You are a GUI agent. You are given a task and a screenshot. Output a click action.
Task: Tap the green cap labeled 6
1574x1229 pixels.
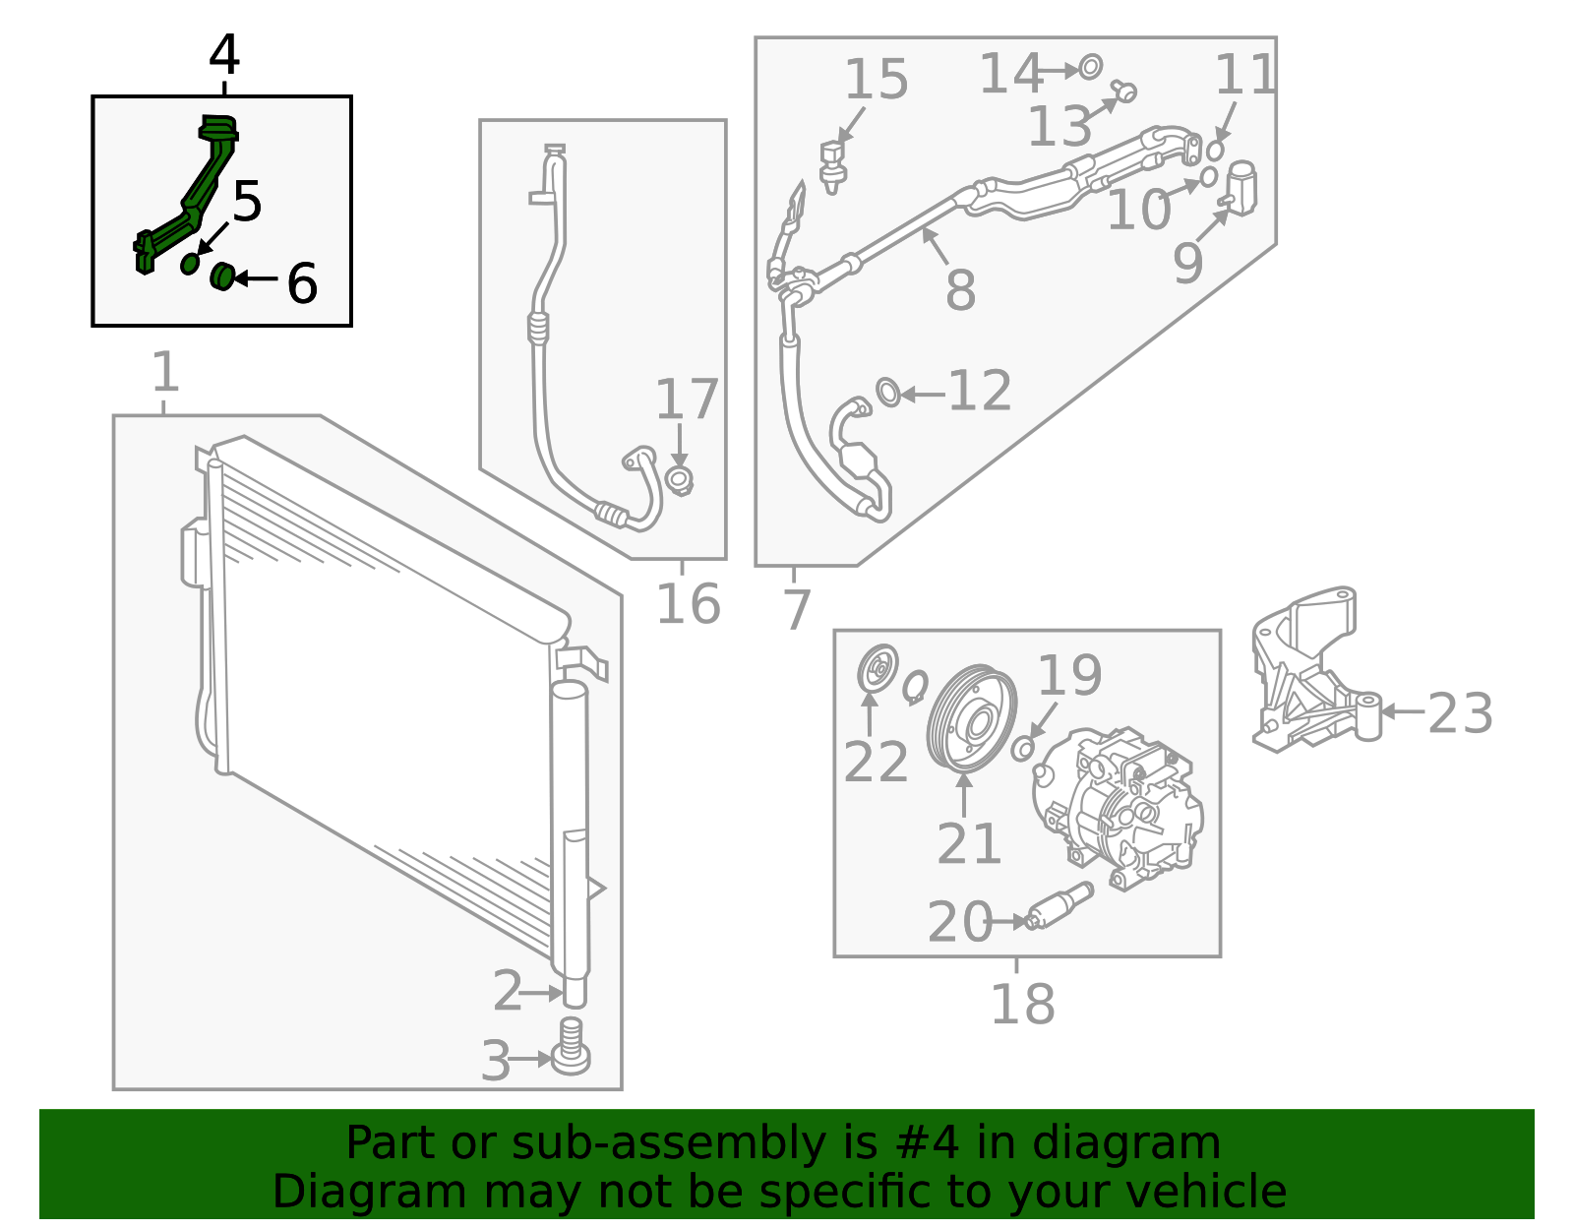click(221, 277)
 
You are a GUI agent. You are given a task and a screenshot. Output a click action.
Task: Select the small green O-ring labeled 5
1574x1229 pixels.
click(190, 264)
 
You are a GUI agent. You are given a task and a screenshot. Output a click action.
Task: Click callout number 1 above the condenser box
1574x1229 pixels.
click(165, 373)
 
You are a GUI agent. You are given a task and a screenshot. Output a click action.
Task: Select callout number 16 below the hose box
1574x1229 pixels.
click(688, 603)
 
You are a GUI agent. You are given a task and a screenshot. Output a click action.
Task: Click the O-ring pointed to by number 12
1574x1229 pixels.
click(887, 392)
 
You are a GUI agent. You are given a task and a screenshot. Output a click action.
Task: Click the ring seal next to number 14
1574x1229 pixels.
click(1090, 68)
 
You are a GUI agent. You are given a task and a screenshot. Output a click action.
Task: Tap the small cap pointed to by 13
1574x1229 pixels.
click(1125, 92)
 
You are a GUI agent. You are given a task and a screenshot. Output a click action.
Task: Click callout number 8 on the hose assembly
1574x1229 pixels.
click(959, 289)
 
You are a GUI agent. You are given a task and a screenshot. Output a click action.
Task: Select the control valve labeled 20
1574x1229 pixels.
click(1060, 906)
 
